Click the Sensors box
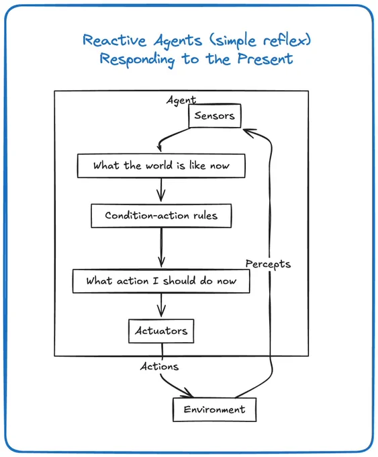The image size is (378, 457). (215, 116)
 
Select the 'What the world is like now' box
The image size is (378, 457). (161, 166)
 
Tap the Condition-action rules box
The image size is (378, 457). (161, 216)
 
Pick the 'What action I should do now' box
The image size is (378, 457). (161, 281)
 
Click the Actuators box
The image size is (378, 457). (161, 331)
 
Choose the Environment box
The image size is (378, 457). (215, 409)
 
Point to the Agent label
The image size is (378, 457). (181, 100)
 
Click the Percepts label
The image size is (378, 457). (268, 264)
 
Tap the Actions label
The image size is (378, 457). (159, 366)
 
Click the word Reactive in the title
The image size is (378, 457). (114, 40)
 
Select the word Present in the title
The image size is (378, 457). (265, 58)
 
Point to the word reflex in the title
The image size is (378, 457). (287, 40)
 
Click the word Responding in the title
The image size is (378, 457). (137, 60)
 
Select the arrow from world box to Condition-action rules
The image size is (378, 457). (161, 190)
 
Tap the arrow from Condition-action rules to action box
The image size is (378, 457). (161, 247)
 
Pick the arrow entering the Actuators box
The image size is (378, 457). (161, 305)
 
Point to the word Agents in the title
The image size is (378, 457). (178, 41)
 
